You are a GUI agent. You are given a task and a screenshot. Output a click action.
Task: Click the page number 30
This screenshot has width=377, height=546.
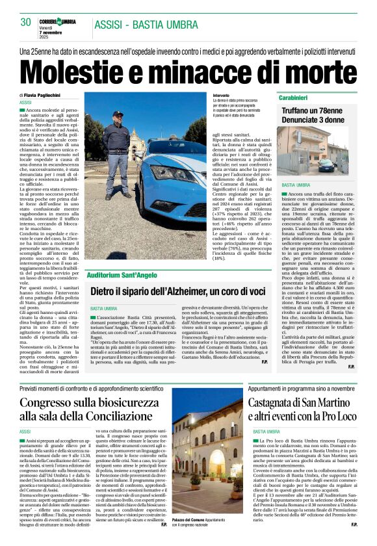coord(25,23)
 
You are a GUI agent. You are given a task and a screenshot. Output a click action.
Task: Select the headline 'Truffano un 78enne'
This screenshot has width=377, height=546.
coord(312,111)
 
